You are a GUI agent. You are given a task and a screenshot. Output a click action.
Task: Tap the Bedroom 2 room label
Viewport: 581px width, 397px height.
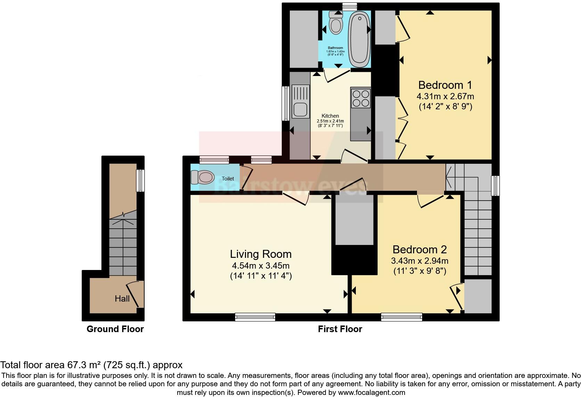coord(419,250)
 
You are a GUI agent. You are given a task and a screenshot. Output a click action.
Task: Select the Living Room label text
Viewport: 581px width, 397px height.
coord(261,254)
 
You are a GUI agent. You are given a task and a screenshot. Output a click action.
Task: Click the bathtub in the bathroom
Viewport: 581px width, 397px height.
coord(359,39)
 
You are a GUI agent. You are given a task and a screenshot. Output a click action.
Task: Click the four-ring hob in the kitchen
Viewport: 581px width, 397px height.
coord(361,98)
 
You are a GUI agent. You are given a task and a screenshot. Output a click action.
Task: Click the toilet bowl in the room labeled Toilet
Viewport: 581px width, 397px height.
coord(205,177)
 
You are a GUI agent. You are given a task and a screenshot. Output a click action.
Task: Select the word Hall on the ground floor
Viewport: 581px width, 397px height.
coord(122,298)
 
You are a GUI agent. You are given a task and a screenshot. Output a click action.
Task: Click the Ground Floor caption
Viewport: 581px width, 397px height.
coord(115,329)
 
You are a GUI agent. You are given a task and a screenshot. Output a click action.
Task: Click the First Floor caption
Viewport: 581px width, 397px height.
coord(340,329)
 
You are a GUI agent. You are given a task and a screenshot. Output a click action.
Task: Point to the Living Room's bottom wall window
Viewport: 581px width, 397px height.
coord(255,316)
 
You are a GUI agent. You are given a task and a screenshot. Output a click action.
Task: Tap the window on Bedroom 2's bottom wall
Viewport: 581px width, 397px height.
coord(401,316)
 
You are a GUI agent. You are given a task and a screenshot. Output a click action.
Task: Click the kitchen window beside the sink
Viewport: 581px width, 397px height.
coord(285,103)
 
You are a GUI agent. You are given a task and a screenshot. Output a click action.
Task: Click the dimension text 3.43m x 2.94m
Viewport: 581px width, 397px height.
coord(419,261)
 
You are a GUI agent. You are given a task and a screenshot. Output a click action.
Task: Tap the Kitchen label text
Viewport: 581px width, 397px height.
coord(330,116)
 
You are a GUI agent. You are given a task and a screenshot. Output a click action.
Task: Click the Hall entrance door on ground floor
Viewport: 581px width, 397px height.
coord(136,294)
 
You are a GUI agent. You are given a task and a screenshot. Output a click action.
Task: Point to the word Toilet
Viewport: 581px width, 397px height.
coord(228,179)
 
